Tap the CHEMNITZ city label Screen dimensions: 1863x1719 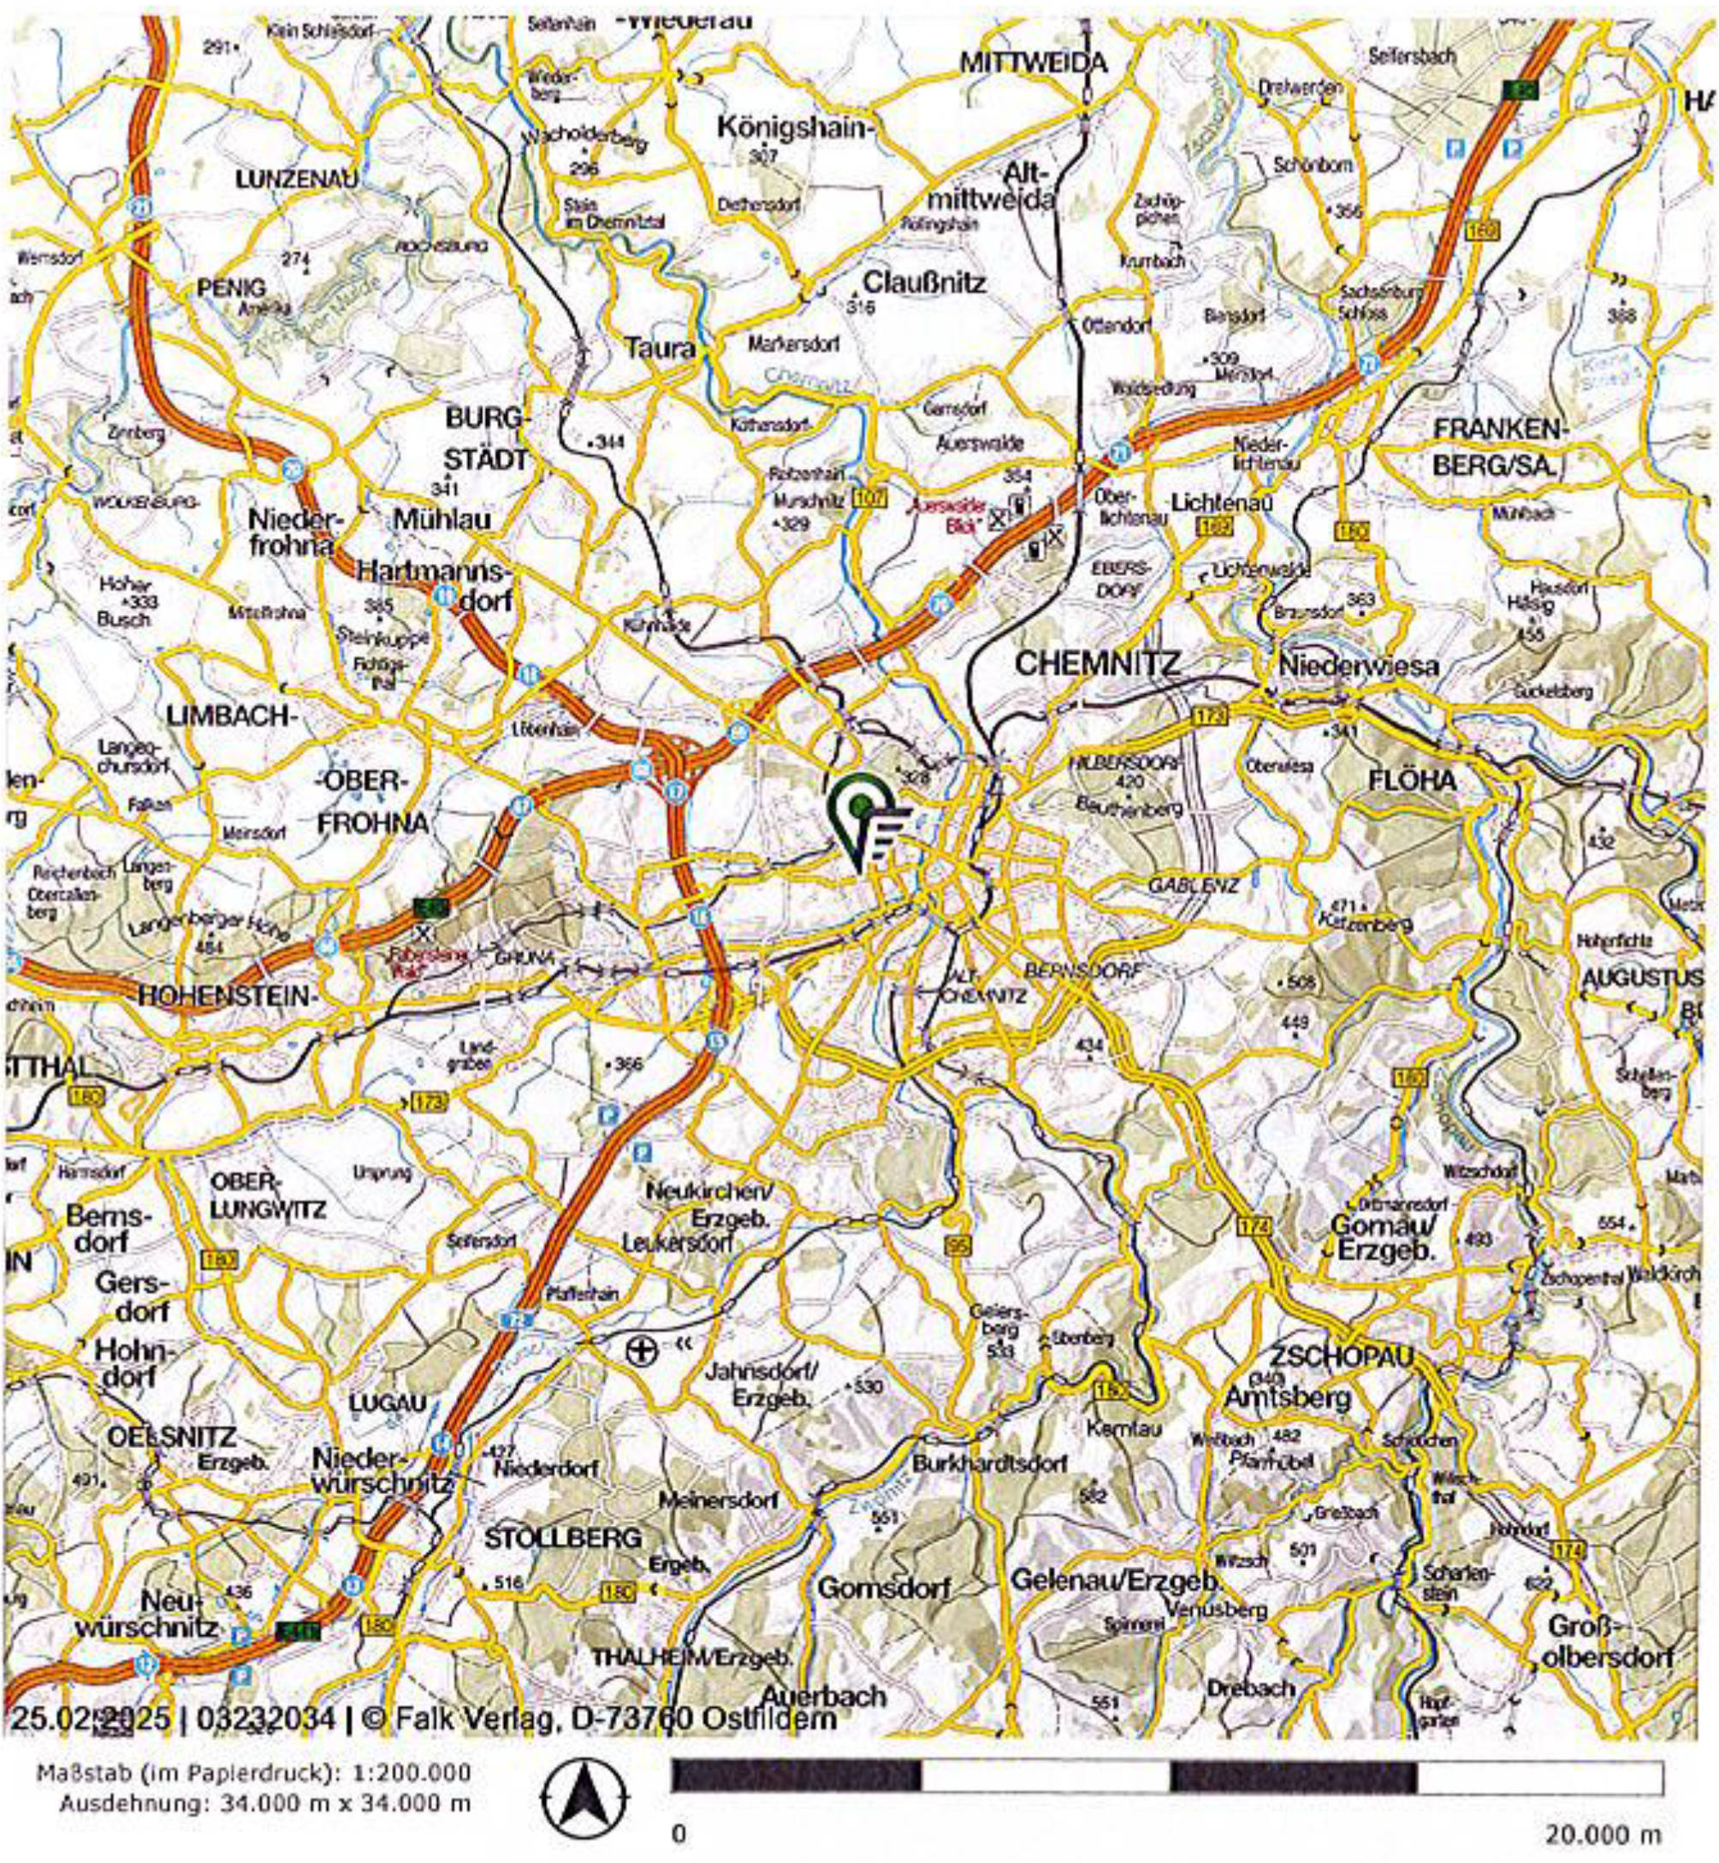click(x=1098, y=662)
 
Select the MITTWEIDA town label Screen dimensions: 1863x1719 click(x=1034, y=63)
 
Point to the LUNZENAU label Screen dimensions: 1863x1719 click(x=297, y=180)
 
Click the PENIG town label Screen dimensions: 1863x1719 click(x=232, y=288)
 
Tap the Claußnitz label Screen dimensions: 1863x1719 click(x=925, y=282)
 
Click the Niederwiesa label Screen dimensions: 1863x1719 click(x=1359, y=666)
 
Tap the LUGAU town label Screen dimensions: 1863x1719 click(x=388, y=1403)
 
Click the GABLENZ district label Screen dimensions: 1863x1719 click(x=1194, y=885)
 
